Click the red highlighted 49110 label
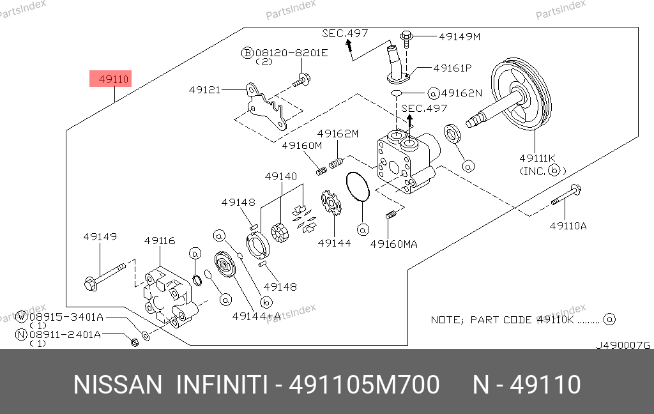(x=114, y=80)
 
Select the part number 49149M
(x=459, y=36)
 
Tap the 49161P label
(x=452, y=68)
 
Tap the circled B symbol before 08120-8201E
(x=247, y=52)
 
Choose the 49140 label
(x=281, y=176)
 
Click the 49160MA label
(x=394, y=243)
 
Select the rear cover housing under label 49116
(x=167, y=294)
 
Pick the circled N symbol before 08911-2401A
(x=22, y=333)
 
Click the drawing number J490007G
(x=622, y=345)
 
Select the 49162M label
(x=338, y=134)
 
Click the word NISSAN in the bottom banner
(x=118, y=385)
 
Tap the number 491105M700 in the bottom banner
(x=364, y=385)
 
